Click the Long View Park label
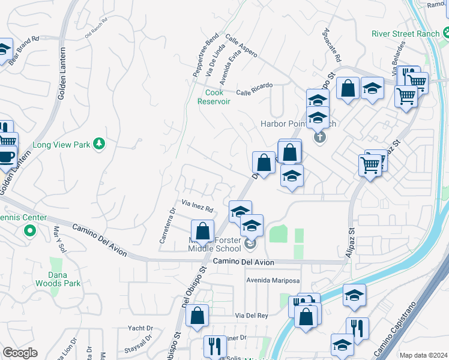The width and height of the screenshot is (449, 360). coord(61,145)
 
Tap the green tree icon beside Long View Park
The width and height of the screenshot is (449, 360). coord(100,144)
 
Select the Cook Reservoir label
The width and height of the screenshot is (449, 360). coord(214,97)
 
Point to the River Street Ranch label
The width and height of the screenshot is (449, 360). coord(405,34)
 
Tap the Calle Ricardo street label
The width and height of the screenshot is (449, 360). coord(255,89)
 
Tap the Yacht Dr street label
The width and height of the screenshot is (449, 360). coord(141,328)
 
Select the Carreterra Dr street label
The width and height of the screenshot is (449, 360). coord(166,226)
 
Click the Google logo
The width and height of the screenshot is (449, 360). coord(20,353)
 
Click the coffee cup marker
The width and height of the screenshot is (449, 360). coord(7,157)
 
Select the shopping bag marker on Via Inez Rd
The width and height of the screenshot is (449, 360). coord(203,230)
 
